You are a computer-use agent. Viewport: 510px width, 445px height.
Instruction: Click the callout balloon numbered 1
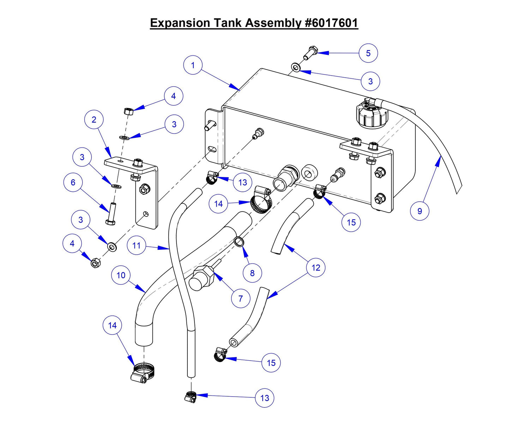(193, 65)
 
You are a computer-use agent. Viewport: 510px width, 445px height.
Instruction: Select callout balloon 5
(368, 53)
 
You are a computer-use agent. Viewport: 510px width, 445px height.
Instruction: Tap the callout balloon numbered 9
(419, 211)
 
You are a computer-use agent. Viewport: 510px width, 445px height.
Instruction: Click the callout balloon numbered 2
(94, 120)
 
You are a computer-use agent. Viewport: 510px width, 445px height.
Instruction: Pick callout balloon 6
(73, 182)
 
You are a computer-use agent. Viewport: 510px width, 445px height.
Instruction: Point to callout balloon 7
(240, 298)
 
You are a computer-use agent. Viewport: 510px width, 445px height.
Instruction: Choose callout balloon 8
(252, 273)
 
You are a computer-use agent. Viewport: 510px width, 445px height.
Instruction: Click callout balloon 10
(121, 275)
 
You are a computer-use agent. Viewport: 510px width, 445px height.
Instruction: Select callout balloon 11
(137, 245)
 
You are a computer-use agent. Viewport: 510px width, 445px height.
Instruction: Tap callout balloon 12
(316, 268)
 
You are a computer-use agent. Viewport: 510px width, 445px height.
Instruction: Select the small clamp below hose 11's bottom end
(191, 396)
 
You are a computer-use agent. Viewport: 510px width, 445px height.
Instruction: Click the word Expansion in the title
(180, 23)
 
